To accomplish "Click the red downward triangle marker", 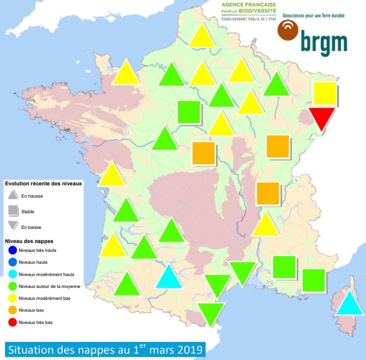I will tap(321, 118).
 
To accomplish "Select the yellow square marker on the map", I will tap(324, 93).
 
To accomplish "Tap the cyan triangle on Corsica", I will tap(349, 304).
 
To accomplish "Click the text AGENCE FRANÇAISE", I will tap(249, 5).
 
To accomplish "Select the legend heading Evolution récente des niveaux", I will tap(44, 184).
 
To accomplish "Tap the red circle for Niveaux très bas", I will tap(13, 322).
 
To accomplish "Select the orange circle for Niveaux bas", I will tap(13, 310).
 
